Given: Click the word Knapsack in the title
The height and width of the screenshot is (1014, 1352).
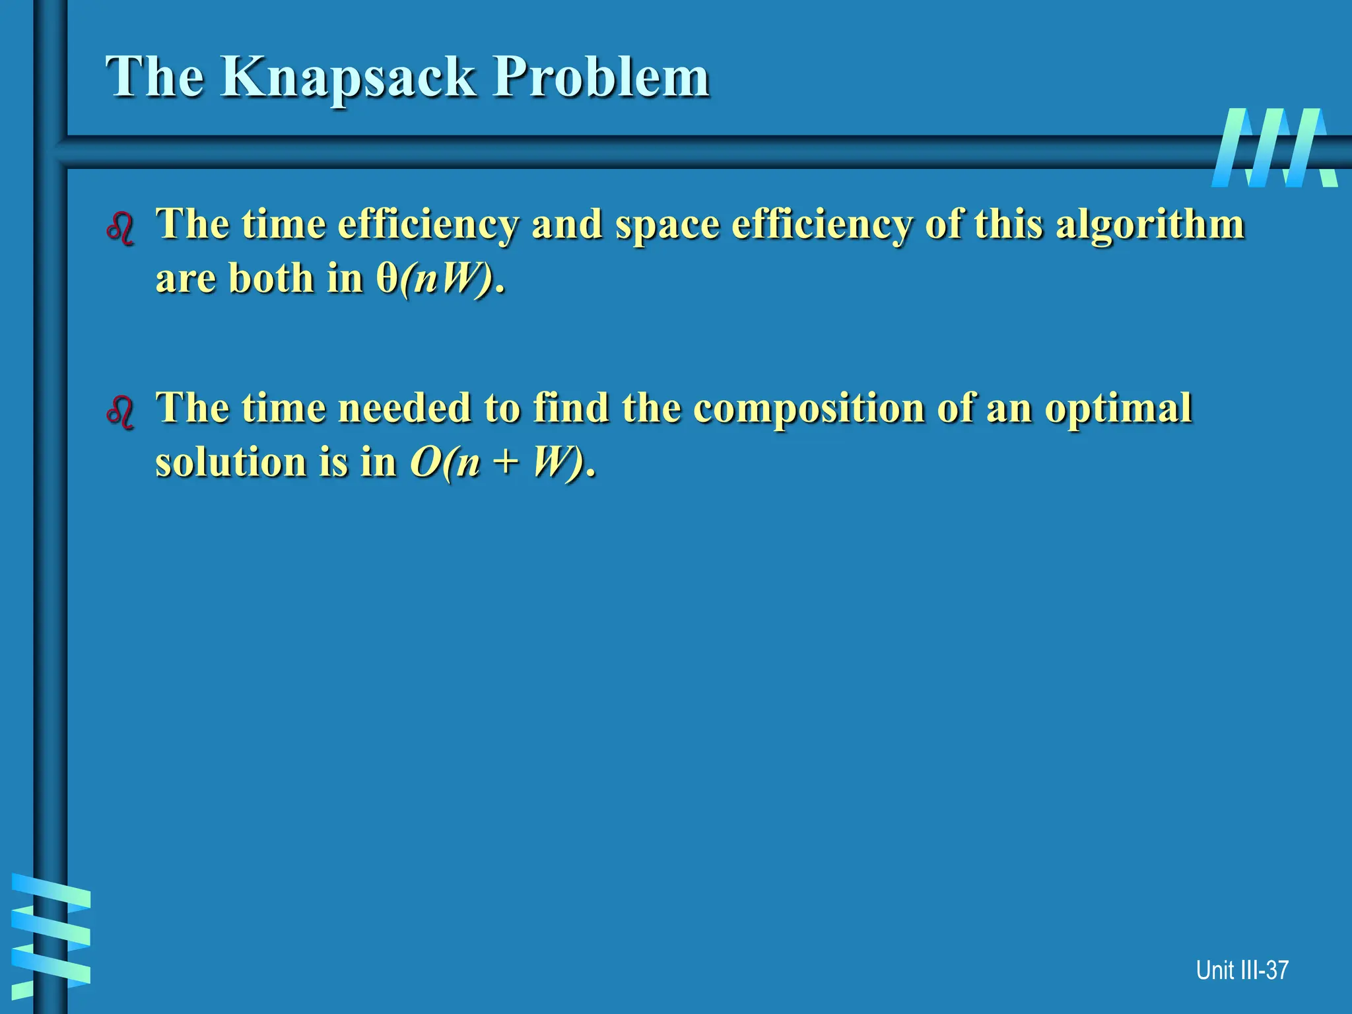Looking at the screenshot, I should click(347, 78).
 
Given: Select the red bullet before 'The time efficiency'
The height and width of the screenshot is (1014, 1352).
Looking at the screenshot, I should click(120, 229).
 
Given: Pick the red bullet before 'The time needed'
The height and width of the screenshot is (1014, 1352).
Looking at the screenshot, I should click(120, 413).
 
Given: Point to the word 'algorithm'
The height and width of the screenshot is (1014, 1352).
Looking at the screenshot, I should click(1150, 225).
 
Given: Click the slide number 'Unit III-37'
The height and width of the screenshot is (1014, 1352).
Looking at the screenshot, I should click(1242, 970).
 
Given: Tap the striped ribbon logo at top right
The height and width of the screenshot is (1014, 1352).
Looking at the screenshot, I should click(1274, 148).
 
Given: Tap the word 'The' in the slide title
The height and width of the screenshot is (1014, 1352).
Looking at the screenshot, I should click(155, 78).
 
